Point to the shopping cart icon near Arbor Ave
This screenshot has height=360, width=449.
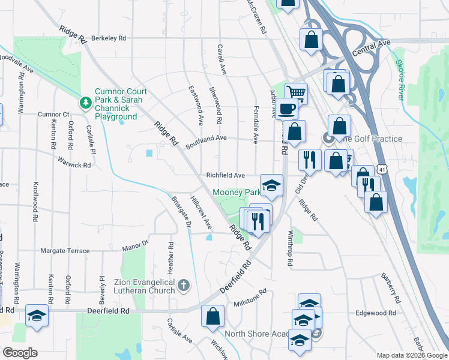coord(295,92)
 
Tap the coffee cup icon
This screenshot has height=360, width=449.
coord(287,109)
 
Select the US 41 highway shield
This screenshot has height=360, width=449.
coord(382,170)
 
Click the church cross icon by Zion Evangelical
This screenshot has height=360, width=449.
coord(184,286)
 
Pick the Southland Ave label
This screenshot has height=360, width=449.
coord(206,138)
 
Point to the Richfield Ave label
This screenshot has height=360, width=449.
coord(226,175)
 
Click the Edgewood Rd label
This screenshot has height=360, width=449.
coord(375,313)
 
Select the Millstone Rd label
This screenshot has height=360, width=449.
coord(250,297)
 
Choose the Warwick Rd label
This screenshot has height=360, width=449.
coord(74,163)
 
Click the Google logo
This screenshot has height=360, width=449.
coord(19,353)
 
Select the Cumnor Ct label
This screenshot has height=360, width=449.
coord(54,114)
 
